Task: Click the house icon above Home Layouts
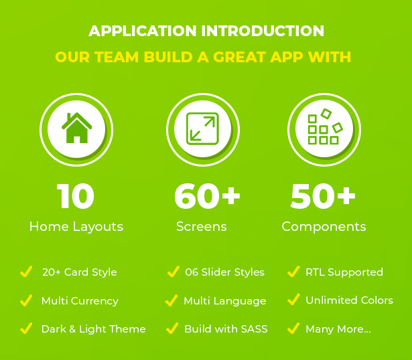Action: (x=76, y=128)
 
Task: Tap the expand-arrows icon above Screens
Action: (x=202, y=128)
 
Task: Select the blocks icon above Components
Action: (x=325, y=126)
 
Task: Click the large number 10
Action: (x=76, y=196)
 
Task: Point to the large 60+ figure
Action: (x=207, y=196)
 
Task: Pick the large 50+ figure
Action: (x=323, y=196)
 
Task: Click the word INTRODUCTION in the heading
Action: (x=263, y=31)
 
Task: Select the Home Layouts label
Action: (x=76, y=227)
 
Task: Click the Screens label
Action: (x=202, y=226)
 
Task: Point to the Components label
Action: (x=324, y=227)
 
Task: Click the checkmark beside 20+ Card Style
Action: (x=26, y=271)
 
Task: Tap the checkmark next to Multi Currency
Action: (x=26, y=300)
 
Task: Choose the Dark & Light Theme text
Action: (x=94, y=329)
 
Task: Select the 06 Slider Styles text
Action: (x=224, y=272)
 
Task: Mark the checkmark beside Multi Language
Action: (x=171, y=300)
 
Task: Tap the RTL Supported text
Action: (x=344, y=272)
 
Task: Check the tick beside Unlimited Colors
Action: (x=294, y=299)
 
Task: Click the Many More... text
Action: (x=338, y=329)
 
